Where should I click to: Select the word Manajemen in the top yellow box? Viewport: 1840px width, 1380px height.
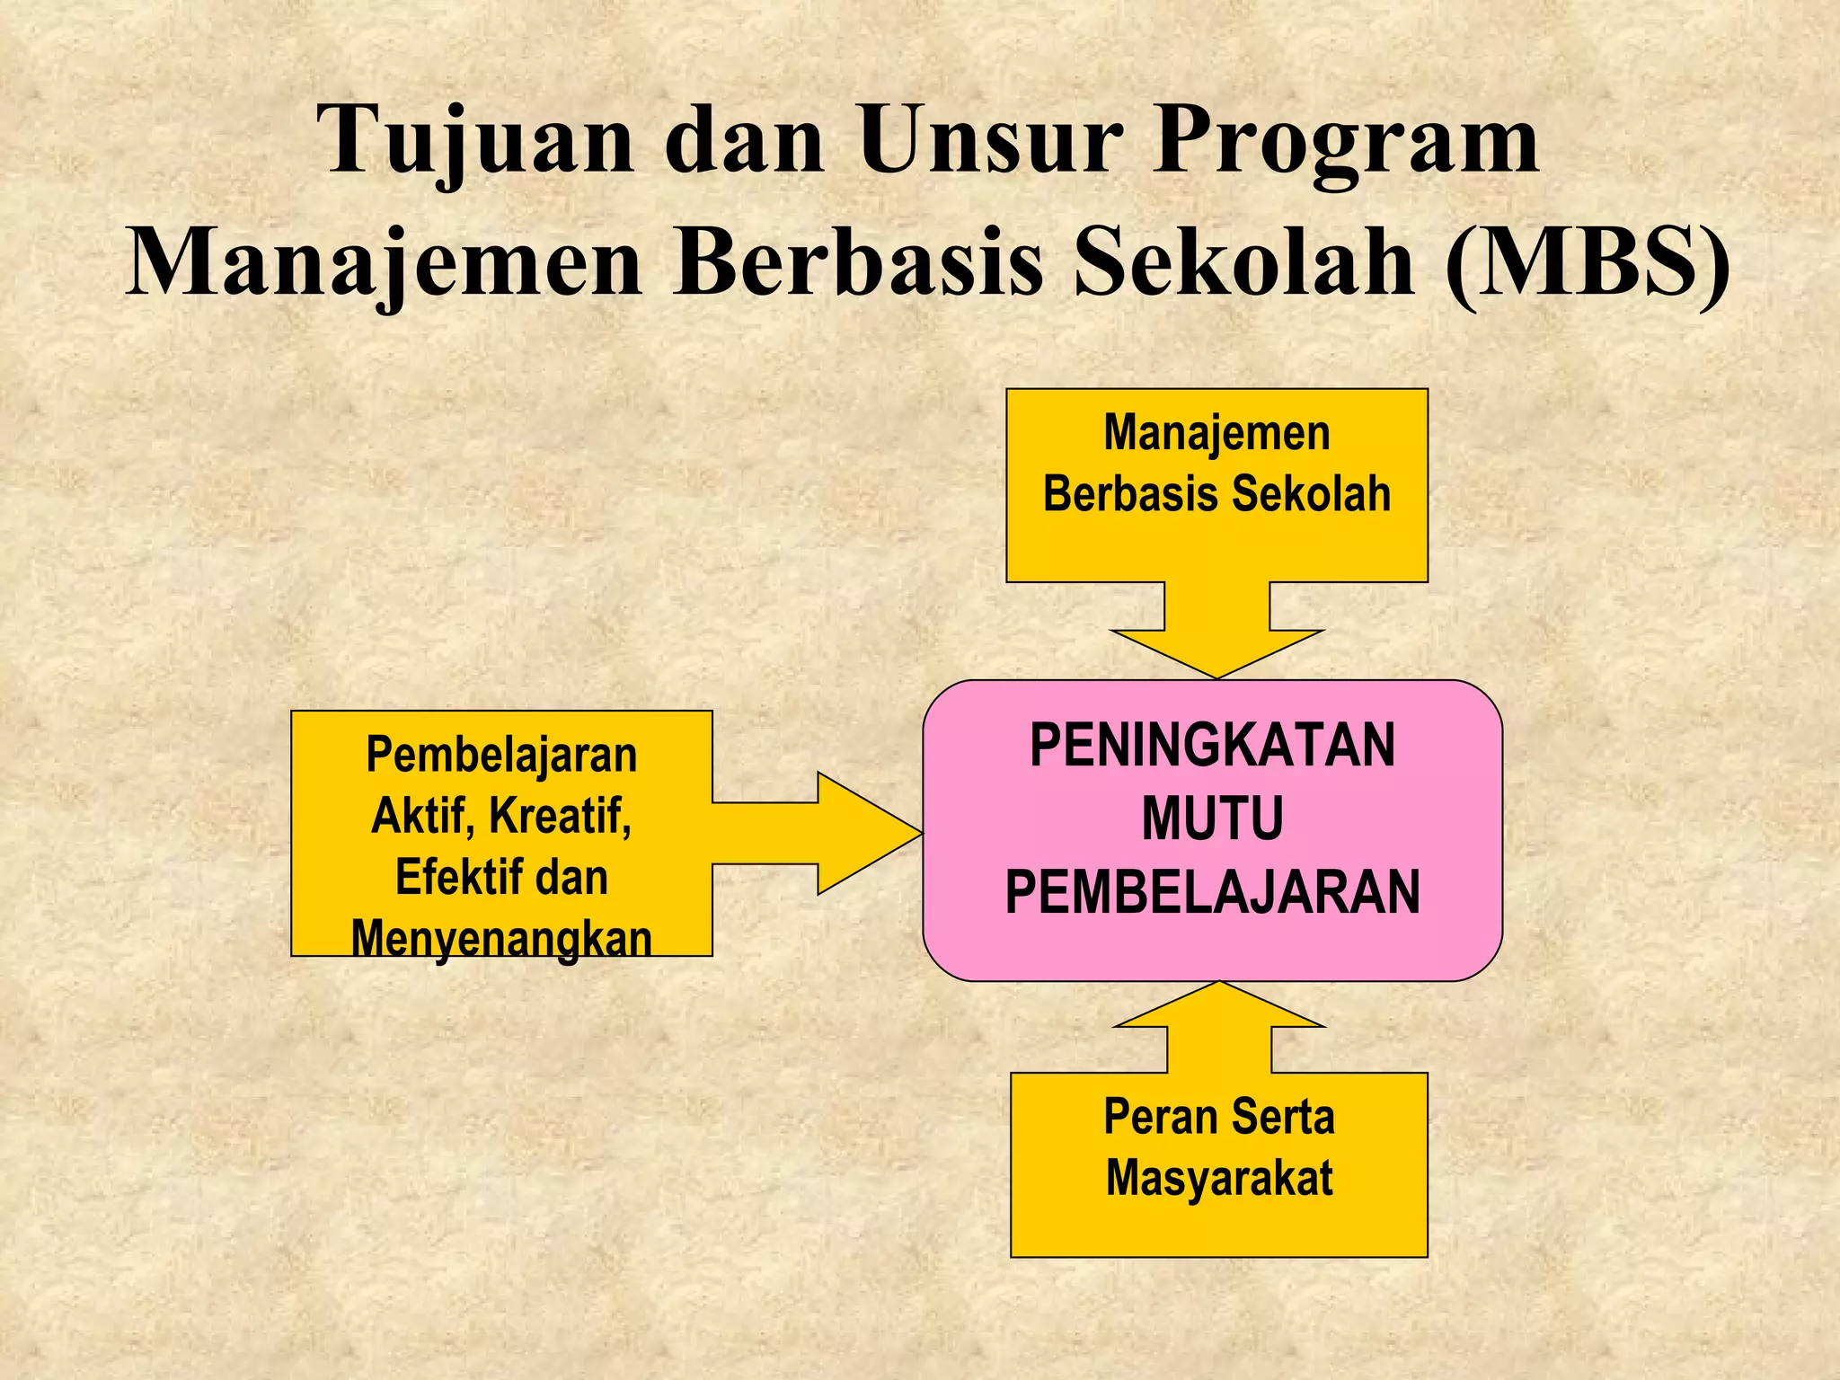click(1216, 433)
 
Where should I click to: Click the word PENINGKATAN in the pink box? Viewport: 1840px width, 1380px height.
click(1213, 746)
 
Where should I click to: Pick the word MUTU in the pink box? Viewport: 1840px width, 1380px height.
click(1213, 818)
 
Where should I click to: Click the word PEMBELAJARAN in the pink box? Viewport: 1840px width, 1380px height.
click(1213, 892)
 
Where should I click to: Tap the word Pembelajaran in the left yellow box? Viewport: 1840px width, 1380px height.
click(501, 755)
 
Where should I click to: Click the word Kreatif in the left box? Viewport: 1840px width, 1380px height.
click(560, 816)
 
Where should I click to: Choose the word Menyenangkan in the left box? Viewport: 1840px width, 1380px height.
click(501, 940)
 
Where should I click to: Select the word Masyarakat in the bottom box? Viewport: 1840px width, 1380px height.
click(1219, 1178)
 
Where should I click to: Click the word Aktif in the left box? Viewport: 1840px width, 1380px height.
click(421, 816)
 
